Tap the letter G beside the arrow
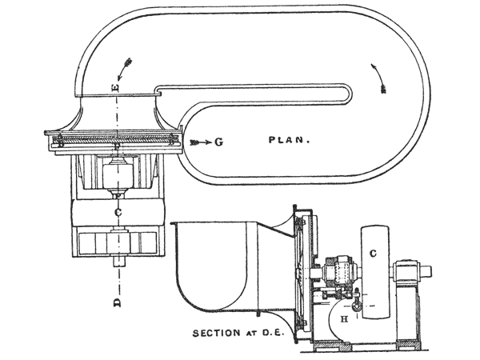[x=218, y=142]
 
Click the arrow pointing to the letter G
[x=202, y=142]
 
